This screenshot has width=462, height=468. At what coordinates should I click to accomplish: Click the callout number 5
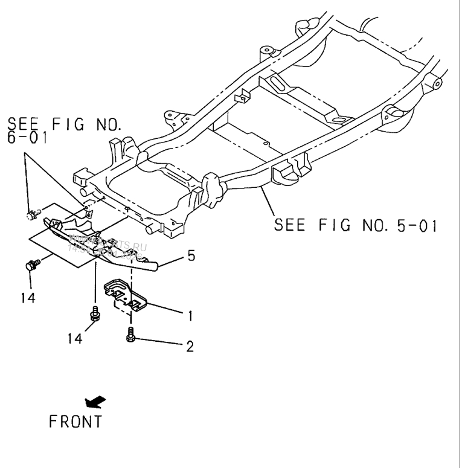pos(191,256)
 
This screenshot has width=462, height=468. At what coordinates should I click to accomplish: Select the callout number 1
pos(190,314)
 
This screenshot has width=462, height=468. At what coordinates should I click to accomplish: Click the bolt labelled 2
pos(131,334)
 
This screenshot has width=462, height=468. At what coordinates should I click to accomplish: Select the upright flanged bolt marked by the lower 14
pos(95,313)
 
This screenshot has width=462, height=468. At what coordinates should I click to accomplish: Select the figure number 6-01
pos(28,139)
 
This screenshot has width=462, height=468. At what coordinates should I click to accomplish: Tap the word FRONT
pos(75,420)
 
